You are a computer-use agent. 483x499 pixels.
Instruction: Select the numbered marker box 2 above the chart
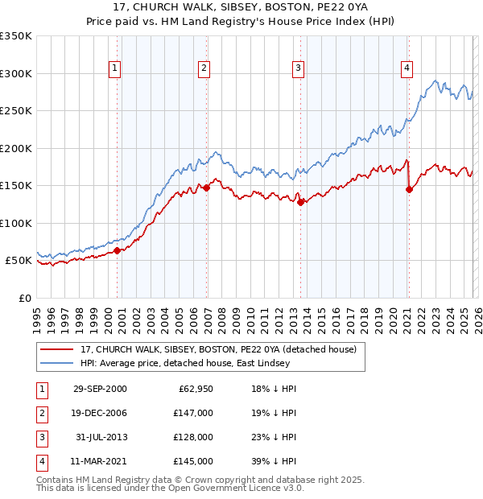click(x=204, y=69)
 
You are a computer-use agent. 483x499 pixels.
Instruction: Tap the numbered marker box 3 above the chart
click(x=298, y=69)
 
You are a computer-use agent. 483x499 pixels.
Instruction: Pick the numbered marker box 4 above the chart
click(x=407, y=69)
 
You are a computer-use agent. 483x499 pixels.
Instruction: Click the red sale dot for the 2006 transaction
click(x=207, y=188)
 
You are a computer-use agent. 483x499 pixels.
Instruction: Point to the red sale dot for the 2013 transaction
click(x=300, y=202)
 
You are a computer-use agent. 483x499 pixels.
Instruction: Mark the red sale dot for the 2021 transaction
click(x=409, y=189)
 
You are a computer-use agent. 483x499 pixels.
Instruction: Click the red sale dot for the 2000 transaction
click(x=118, y=250)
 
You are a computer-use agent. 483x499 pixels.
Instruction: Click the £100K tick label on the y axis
click(x=16, y=223)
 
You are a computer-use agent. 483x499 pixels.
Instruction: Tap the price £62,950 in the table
click(x=194, y=389)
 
